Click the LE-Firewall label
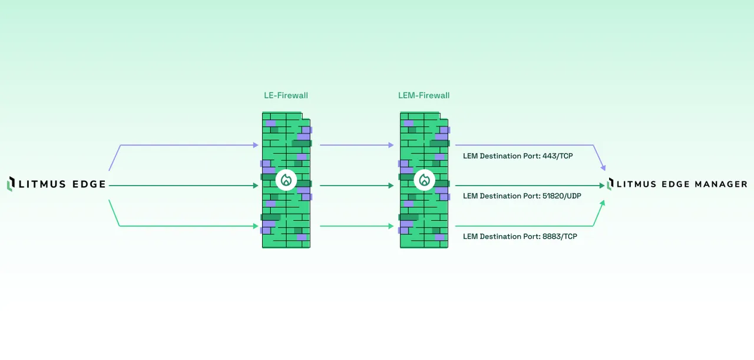pyautogui.click(x=286, y=95)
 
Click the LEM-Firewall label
pyautogui.click(x=424, y=95)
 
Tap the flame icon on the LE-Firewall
pyautogui.click(x=286, y=180)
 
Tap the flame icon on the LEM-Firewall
pyautogui.click(x=424, y=180)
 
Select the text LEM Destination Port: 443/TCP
pyautogui.click(x=518, y=156)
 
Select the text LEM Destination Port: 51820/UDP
pyautogui.click(x=522, y=196)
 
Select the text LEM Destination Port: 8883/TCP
pyautogui.click(x=520, y=236)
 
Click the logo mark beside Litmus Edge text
pyautogui.click(x=10, y=184)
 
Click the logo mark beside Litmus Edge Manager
pyautogui.click(x=610, y=184)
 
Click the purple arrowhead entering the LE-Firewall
pyautogui.click(x=256, y=145)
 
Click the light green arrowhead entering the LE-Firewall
pyautogui.click(x=256, y=226)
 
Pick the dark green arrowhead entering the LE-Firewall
pyautogui.click(x=256, y=186)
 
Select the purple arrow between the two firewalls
pyautogui.click(x=356, y=145)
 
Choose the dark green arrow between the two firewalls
pyautogui.click(x=356, y=186)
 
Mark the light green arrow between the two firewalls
pyautogui.click(x=356, y=226)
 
